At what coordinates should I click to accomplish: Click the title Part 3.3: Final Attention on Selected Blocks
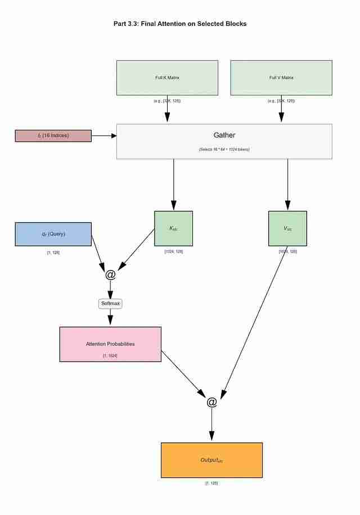pos(180,24)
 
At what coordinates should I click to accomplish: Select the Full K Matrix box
pos(167,78)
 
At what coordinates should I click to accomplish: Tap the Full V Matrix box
pos(281,78)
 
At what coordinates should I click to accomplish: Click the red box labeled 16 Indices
pos(53,135)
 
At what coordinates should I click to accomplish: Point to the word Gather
pos(224,135)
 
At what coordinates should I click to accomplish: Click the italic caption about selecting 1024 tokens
pos(224,150)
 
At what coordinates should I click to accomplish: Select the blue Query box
pos(53,234)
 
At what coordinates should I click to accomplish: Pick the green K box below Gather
pos(173,228)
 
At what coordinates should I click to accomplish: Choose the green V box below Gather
pos(287,228)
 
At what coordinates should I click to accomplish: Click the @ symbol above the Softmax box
pos(110,274)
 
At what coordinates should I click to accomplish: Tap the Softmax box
pos(110,304)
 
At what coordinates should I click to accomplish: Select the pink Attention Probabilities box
pos(110,344)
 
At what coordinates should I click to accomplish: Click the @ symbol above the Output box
pos(211,402)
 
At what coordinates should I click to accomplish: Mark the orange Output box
pos(211,460)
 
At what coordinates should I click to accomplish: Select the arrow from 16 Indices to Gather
pos(103,135)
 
